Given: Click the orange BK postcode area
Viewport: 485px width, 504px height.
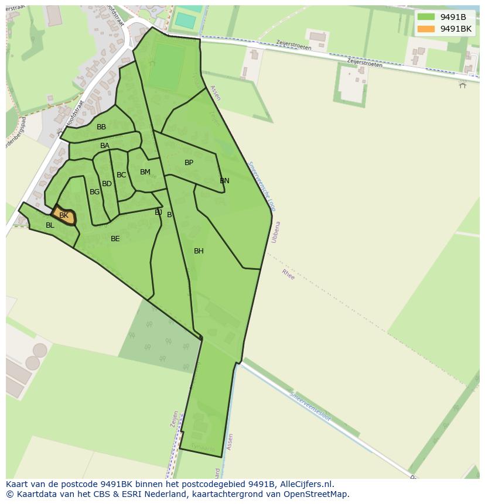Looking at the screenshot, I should [x=64, y=215].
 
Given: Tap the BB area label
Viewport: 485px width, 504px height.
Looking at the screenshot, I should [x=101, y=127].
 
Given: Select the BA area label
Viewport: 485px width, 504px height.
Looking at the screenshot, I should [x=105, y=146].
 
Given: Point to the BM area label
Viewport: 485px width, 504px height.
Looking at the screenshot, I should [x=145, y=172].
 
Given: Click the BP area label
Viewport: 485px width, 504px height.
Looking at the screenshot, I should [x=189, y=163].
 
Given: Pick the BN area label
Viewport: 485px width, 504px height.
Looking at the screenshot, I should [x=224, y=181].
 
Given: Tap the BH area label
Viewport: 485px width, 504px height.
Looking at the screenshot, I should [x=199, y=251].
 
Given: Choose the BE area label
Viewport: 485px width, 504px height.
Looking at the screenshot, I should [x=115, y=239].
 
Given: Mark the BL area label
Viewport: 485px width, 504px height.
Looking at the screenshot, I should [x=50, y=225].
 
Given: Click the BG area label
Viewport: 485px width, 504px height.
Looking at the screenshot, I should [x=94, y=192].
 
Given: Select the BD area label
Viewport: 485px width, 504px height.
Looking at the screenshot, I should [x=107, y=184].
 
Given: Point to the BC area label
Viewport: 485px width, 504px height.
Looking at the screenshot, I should [x=121, y=175].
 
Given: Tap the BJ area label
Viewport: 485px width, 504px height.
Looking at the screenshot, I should [x=158, y=212].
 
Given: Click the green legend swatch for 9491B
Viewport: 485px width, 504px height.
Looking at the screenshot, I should [x=426, y=17].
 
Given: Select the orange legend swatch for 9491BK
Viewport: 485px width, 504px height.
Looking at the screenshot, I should [x=426, y=29].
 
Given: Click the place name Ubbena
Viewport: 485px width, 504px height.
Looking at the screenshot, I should [x=275, y=232].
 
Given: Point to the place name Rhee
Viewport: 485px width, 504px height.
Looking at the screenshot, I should [x=288, y=274].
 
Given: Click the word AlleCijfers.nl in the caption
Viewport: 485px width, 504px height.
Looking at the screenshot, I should [x=306, y=484].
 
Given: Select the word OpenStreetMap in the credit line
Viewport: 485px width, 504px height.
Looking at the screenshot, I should [x=316, y=494].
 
